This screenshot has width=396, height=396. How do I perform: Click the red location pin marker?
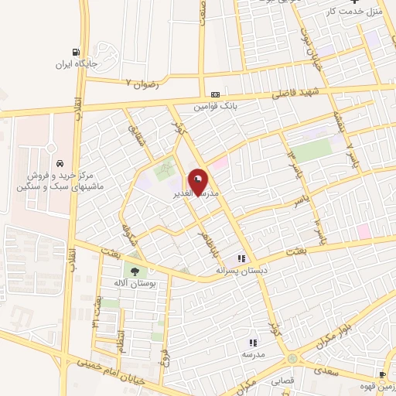coord(198,180)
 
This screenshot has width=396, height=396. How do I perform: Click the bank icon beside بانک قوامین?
coord(205,91)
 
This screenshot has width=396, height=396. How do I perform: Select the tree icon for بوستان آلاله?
coord(135,271)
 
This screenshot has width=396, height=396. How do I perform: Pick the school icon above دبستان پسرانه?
coord(242,258)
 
